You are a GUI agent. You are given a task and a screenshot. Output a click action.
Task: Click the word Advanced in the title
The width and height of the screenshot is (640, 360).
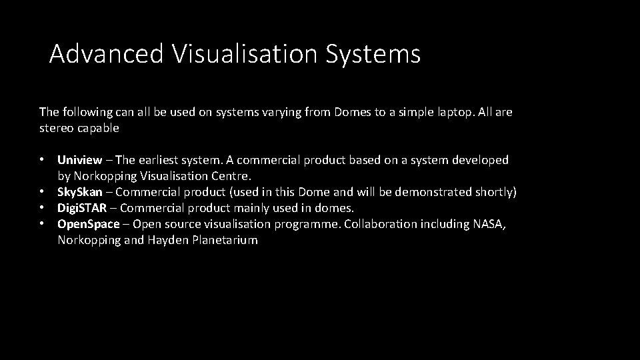coord(106,54)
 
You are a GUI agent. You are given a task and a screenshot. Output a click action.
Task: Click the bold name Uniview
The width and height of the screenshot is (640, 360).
coord(80,160)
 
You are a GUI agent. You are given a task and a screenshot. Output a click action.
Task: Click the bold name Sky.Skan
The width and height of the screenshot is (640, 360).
coord(80,192)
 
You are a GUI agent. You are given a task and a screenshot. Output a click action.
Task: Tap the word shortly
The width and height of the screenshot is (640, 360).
coord(493,192)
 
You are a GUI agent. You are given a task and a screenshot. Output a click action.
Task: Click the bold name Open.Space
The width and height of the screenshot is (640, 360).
coord(89,224)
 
